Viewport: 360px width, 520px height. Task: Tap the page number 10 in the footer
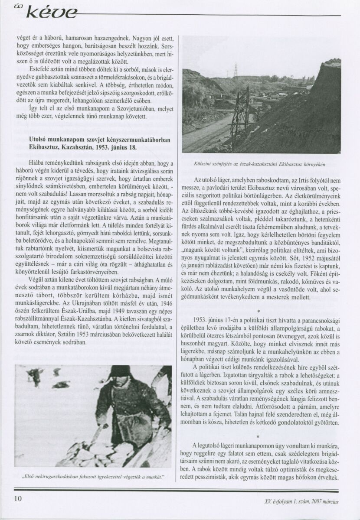coord(18,498)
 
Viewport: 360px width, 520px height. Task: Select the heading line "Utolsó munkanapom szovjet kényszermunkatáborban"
coord(96,140)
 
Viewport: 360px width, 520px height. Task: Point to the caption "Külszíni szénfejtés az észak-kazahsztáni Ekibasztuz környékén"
coord(261,165)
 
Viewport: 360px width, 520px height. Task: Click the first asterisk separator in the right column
coord(258,311)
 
